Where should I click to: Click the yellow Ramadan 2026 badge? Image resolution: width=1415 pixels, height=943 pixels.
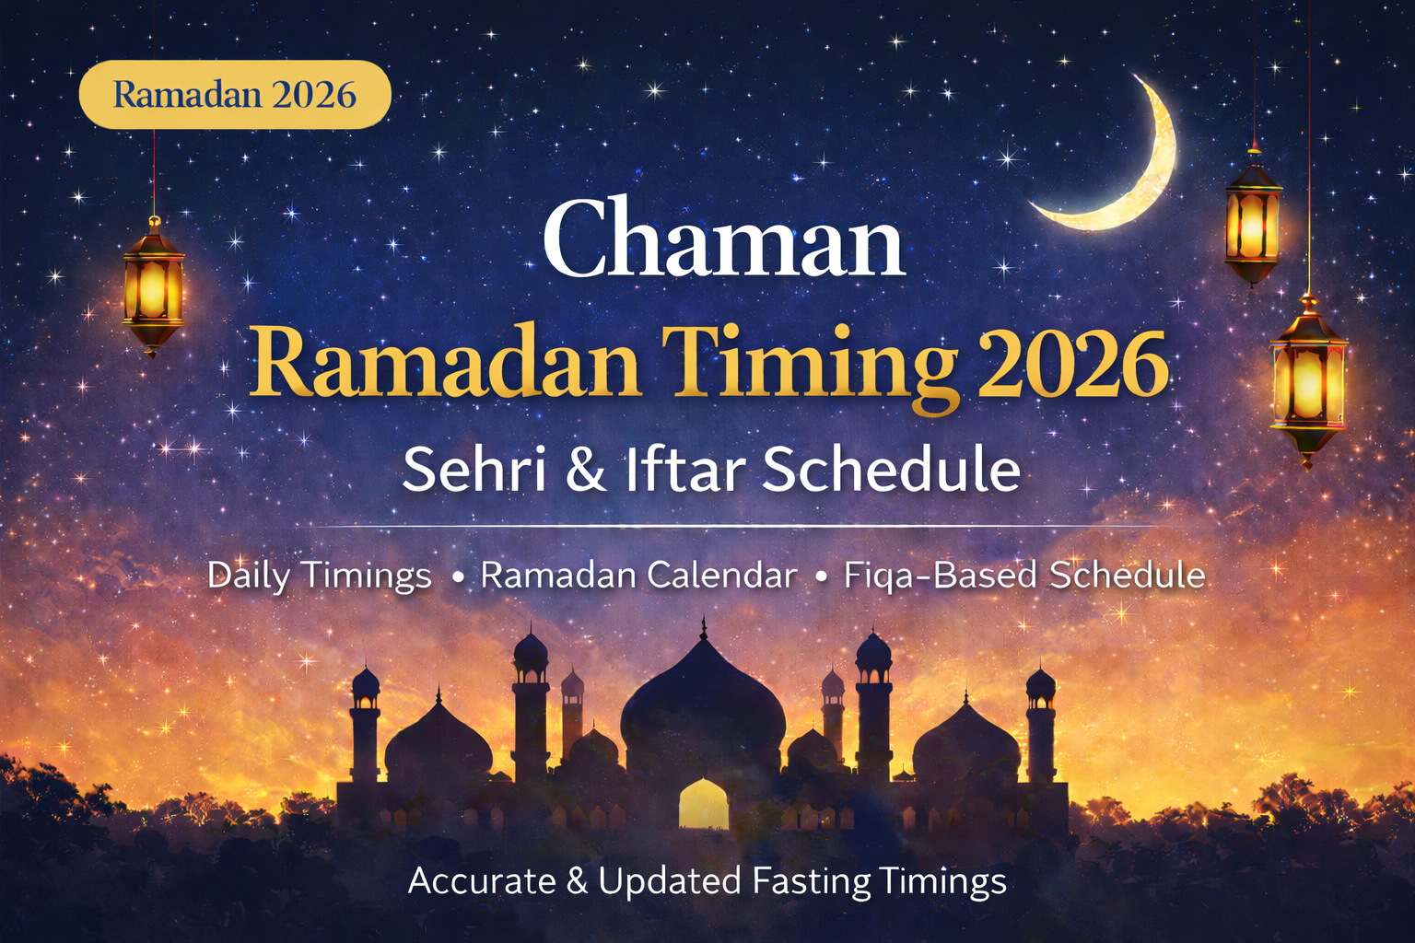click(x=235, y=94)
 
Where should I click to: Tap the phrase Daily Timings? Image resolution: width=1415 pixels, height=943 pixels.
click(x=319, y=576)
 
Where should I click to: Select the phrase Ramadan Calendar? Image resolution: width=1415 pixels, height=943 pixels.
click(x=638, y=576)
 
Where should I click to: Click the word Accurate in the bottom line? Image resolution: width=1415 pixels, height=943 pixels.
click(x=482, y=881)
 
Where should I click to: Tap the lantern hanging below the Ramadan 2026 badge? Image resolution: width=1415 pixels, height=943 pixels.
click(x=153, y=285)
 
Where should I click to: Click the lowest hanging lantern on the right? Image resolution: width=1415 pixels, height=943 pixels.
click(x=1307, y=382)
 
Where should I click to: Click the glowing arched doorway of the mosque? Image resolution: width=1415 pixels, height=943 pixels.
click(x=703, y=804)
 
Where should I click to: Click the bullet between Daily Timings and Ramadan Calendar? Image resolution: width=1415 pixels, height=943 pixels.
click(x=457, y=577)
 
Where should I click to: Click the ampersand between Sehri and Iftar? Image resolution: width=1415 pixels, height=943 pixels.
click(x=586, y=469)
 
